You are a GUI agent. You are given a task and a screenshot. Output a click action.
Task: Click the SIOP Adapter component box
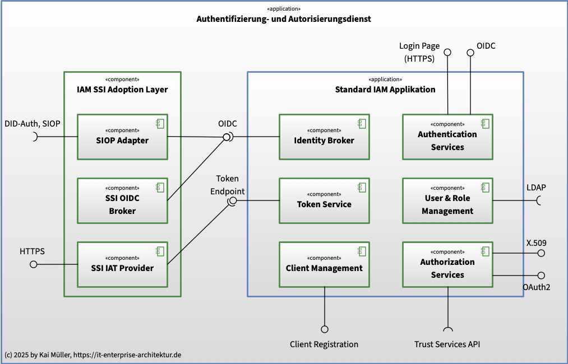(122, 137)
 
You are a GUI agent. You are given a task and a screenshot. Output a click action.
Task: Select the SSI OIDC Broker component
(122, 200)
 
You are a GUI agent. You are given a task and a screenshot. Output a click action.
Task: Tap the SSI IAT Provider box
(122, 264)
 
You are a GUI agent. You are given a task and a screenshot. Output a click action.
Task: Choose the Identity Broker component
(324, 137)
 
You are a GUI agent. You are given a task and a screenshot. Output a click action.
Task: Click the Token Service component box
(324, 200)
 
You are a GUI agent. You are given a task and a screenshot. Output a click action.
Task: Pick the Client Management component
(324, 264)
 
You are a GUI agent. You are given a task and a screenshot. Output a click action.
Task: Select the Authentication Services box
(447, 137)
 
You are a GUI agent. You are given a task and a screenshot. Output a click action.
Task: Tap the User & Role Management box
(447, 200)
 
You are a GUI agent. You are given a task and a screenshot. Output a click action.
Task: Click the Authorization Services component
(447, 264)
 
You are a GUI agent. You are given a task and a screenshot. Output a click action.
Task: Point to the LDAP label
(536, 188)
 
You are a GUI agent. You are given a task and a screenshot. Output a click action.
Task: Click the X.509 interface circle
(541, 253)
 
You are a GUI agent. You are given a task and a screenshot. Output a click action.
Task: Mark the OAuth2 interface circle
(541, 276)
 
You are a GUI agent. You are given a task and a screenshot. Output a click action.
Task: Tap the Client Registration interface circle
(325, 329)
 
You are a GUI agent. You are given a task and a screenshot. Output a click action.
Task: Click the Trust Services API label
(447, 344)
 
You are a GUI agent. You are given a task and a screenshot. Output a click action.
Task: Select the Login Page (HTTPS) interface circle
(448, 53)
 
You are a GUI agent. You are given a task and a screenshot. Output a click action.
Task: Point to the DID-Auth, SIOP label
(32, 124)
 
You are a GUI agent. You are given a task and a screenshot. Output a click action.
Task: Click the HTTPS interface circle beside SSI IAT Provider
(33, 264)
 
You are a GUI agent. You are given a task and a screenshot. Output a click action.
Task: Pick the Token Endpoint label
(228, 185)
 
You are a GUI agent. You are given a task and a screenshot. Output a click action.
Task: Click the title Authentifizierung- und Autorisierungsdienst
(284, 19)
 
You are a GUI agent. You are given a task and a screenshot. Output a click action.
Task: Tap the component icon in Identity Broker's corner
(362, 124)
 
